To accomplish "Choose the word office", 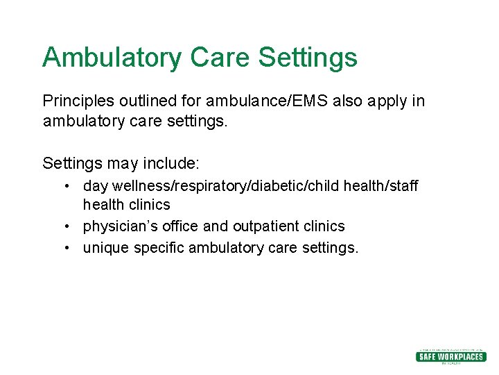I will coord(183,227).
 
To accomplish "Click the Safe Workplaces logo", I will coord(450,356).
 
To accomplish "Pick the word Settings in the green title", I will coord(308,58).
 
